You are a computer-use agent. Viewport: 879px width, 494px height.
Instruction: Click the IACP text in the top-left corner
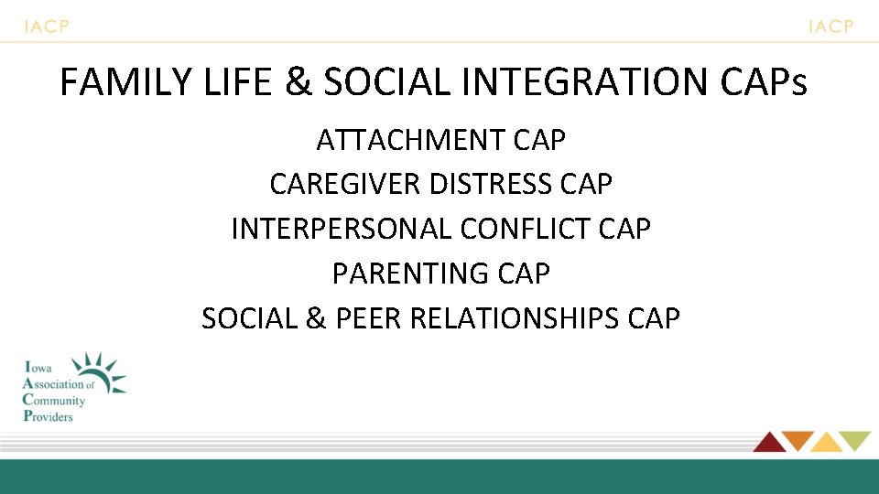pyautogui.click(x=47, y=27)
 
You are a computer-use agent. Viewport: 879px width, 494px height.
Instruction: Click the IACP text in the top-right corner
pyautogui.click(x=830, y=27)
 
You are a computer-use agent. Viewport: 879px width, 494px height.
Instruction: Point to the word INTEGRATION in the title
pyautogui.click(x=586, y=82)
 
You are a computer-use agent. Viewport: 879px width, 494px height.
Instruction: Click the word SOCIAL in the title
pyautogui.click(x=388, y=82)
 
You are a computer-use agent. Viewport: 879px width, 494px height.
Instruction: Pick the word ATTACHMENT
pyautogui.click(x=412, y=140)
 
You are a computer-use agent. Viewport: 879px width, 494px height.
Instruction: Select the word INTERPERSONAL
pyautogui.click(x=341, y=229)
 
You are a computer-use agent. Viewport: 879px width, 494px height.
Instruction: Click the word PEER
pyautogui.click(x=371, y=317)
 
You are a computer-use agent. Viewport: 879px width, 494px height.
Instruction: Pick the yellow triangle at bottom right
pyautogui.click(x=827, y=443)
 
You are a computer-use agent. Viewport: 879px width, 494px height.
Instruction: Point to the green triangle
pyautogui.click(x=856, y=440)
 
